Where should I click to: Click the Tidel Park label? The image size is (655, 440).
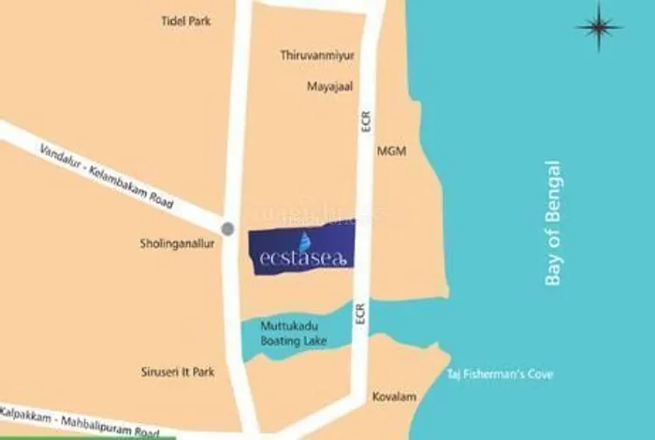(186, 20)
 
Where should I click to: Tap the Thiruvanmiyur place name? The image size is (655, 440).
(313, 55)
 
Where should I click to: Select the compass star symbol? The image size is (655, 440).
(599, 27)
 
